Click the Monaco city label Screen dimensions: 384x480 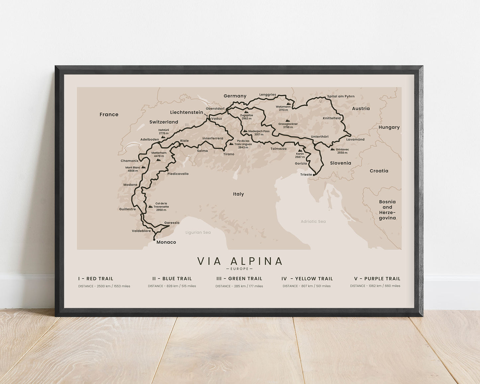click(x=166, y=242)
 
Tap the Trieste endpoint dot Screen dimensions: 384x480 click(x=314, y=174)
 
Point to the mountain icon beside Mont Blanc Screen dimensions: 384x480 click(x=144, y=167)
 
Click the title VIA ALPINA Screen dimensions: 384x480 click(x=240, y=261)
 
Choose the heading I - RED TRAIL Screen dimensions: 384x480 click(x=96, y=279)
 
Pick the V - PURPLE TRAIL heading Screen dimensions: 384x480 click(x=377, y=279)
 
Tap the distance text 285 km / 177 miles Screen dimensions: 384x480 click(x=239, y=286)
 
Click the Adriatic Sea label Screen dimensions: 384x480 click(x=313, y=222)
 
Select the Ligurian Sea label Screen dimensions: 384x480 click(x=198, y=233)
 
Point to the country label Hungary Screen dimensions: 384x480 click(x=389, y=127)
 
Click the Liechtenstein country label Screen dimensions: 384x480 click(x=186, y=112)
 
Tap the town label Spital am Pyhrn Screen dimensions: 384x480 click(x=341, y=96)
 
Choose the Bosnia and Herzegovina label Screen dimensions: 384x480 click(x=387, y=210)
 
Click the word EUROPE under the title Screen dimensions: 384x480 click(x=239, y=269)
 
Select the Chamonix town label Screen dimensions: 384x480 click(x=130, y=161)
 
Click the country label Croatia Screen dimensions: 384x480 click(x=379, y=171)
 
